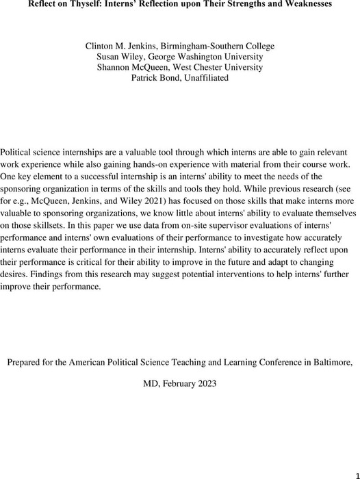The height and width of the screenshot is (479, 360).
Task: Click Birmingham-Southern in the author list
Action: coord(208,46)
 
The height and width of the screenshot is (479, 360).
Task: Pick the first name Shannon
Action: coord(116,67)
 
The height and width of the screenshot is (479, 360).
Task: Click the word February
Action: coord(181,384)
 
